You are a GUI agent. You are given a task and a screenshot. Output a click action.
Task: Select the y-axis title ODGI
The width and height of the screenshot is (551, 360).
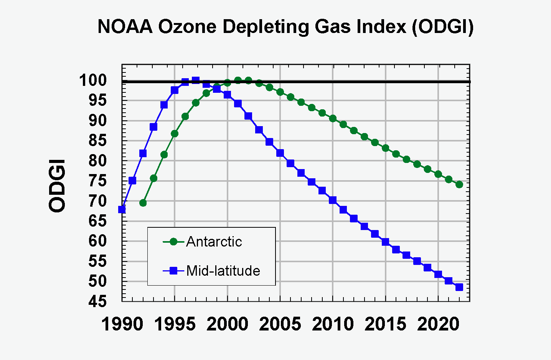[x=57, y=186]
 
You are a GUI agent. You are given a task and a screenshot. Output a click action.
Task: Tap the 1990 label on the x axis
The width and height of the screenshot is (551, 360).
[x=122, y=324]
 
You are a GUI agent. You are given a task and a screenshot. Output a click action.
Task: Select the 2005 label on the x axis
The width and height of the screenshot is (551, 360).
[x=280, y=324]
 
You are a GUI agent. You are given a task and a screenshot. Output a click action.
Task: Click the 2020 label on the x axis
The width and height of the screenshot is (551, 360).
[x=438, y=324]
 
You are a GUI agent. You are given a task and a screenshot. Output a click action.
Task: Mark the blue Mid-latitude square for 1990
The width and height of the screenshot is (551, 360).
[x=122, y=209]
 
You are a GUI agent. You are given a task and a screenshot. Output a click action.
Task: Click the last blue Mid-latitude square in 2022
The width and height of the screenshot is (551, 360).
[x=459, y=287]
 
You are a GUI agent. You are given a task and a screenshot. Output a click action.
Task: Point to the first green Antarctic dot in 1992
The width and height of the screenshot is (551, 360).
[x=143, y=203]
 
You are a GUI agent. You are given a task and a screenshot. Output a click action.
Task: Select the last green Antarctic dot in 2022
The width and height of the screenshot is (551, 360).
[x=459, y=184]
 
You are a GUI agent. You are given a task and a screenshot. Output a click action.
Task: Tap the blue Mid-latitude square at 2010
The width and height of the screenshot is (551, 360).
[x=333, y=200]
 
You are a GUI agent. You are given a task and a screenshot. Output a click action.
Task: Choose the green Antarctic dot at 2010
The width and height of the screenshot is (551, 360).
[x=333, y=118]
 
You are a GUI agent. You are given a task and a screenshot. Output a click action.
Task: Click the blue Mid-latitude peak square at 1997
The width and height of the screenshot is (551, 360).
[x=196, y=80]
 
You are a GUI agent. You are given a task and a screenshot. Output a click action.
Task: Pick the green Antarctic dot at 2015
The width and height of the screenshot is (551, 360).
[x=386, y=148]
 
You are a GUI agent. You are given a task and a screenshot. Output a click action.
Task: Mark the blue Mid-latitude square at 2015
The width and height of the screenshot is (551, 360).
[x=386, y=242]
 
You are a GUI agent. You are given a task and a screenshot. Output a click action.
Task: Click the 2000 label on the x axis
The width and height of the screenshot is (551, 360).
[x=228, y=324]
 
